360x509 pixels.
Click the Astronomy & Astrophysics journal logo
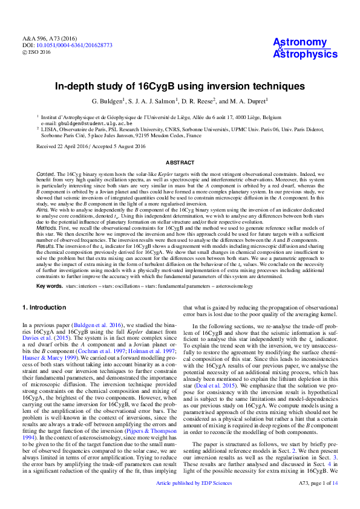301,48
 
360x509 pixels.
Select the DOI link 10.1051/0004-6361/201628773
71,45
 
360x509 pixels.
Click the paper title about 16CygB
180,86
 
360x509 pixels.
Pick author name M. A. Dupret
244,102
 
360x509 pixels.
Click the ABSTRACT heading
180,162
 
